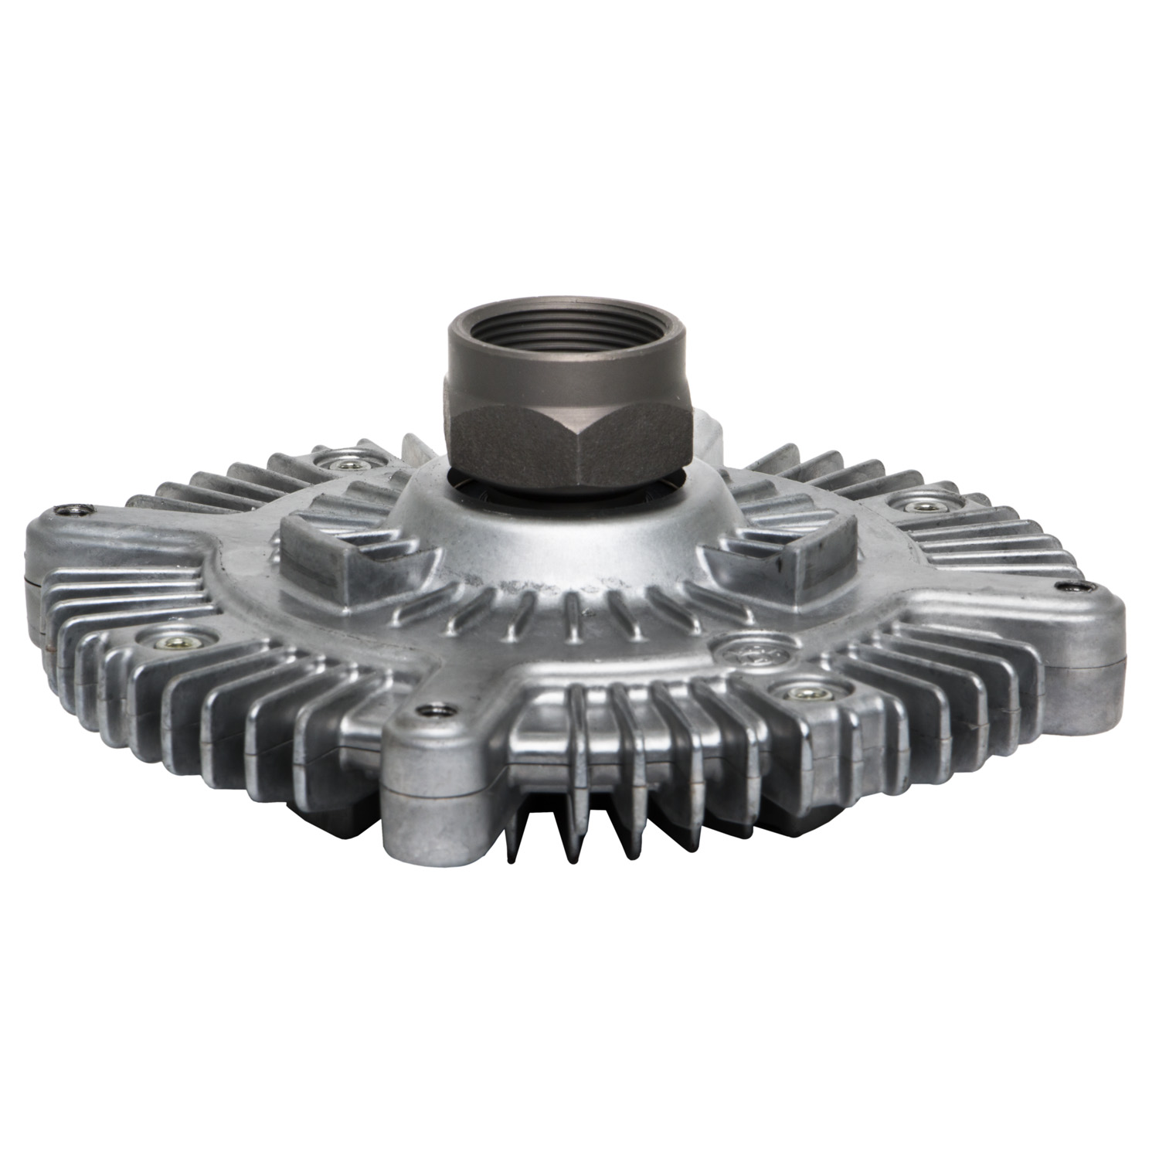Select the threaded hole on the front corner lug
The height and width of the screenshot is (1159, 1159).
425,709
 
